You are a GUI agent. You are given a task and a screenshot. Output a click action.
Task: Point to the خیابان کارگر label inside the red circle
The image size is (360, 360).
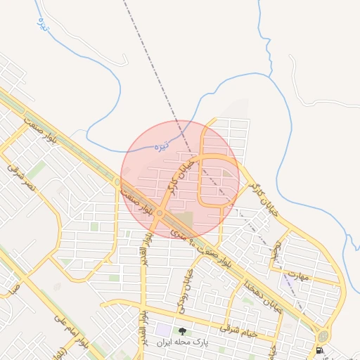coord(180,176)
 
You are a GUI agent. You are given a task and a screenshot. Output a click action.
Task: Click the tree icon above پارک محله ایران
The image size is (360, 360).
coord(182,331)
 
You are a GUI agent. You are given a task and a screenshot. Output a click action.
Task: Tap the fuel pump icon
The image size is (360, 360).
coord(321,349)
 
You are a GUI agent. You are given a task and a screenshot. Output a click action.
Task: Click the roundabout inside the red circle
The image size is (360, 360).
coord(161,212)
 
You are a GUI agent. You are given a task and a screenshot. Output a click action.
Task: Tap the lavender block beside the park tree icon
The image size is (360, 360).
coord(163,329)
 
